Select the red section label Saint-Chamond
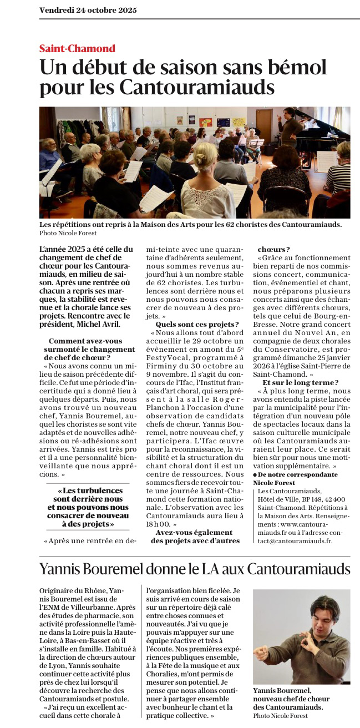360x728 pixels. (x=77, y=48)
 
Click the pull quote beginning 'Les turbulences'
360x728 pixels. (x=88, y=507)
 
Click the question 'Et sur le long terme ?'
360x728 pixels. (x=300, y=383)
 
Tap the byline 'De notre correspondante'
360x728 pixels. (x=298, y=474)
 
